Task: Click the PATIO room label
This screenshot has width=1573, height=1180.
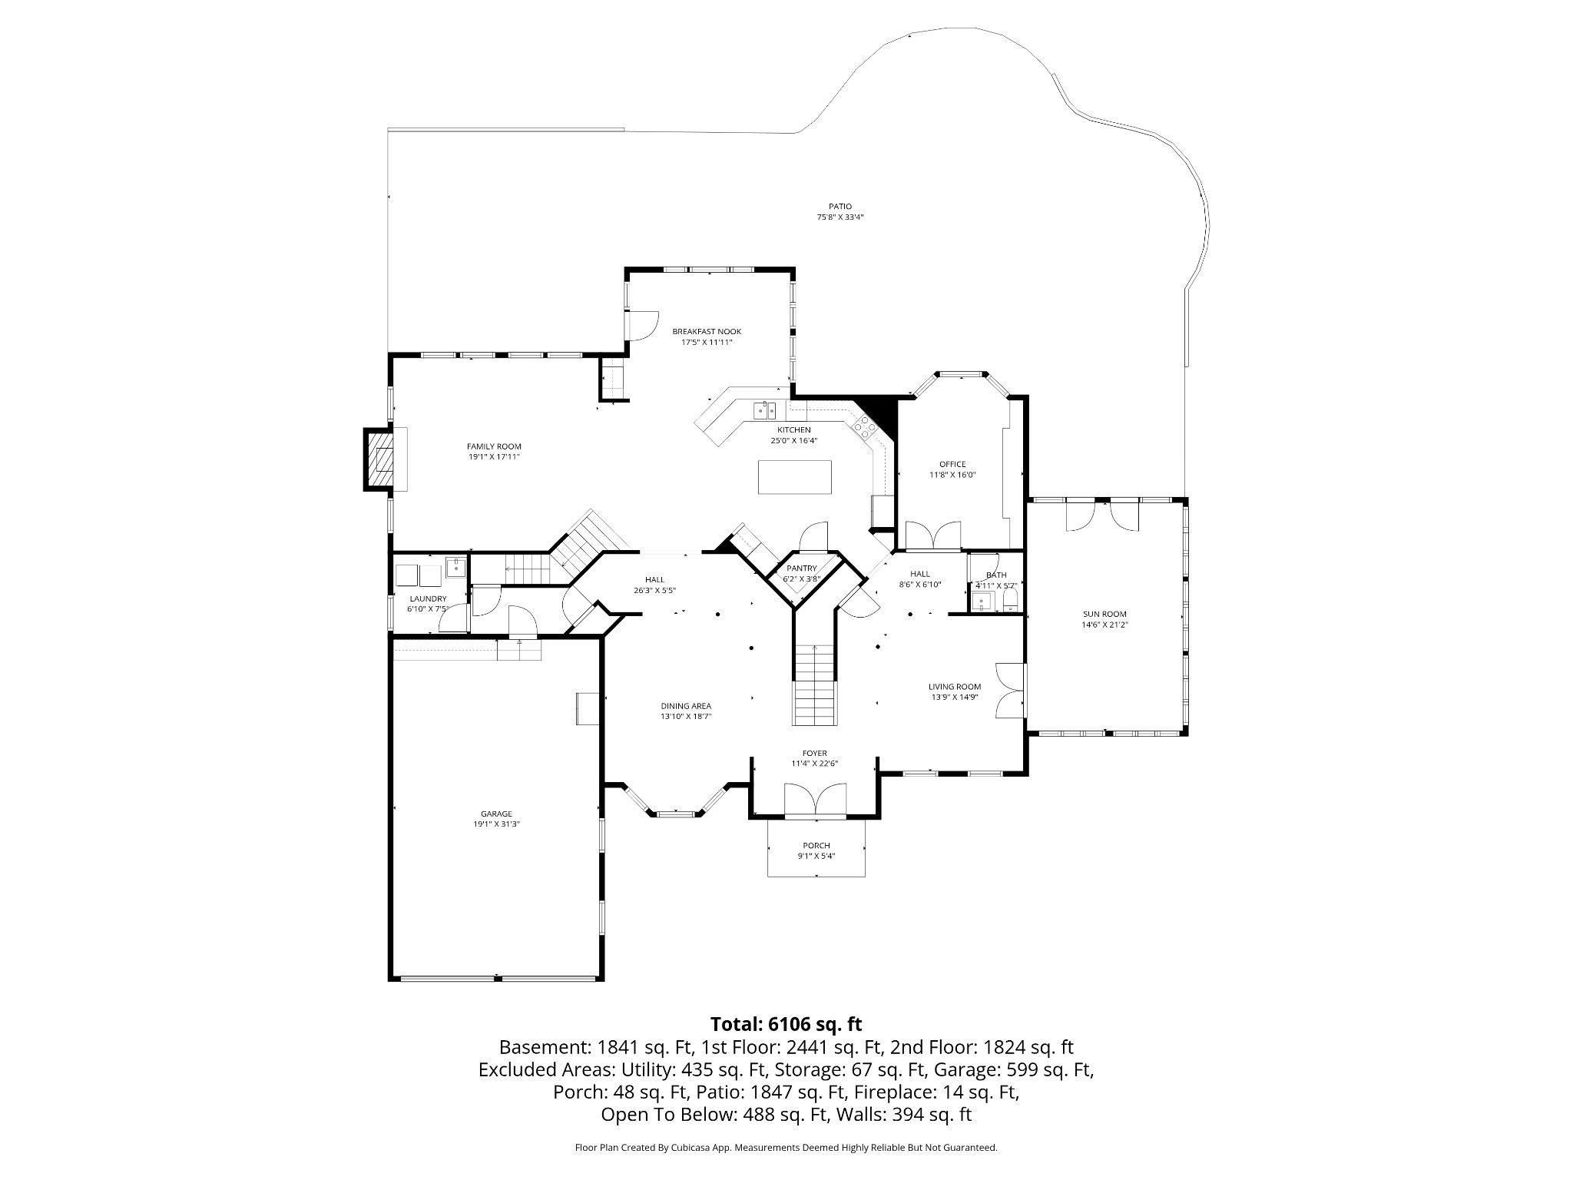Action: [839, 206]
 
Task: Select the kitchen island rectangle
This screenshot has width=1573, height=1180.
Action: [794, 477]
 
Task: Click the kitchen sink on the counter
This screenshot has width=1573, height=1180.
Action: [763, 410]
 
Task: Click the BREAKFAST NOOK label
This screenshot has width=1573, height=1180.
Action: [707, 332]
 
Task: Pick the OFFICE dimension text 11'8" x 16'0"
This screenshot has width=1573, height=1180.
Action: [952, 475]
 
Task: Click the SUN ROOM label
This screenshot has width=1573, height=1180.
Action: [1104, 614]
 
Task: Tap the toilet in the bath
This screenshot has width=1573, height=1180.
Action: [1010, 600]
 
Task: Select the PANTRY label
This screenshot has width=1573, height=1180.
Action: [801, 568]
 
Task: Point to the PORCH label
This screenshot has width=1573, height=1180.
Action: [816, 845]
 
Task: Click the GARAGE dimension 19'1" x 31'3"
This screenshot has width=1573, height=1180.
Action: [496, 824]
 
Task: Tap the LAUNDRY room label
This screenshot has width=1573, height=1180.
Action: [428, 598]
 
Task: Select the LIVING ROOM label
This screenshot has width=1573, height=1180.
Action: [954, 687]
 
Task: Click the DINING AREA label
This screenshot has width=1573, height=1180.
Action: [686, 706]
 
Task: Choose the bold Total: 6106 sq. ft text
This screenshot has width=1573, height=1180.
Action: [786, 1024]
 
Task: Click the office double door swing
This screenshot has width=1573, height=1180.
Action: [933, 535]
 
